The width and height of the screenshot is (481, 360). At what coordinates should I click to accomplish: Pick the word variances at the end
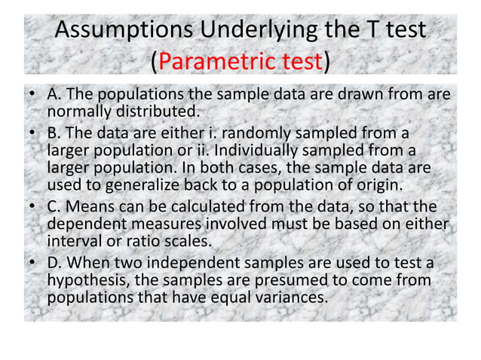point(293,297)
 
